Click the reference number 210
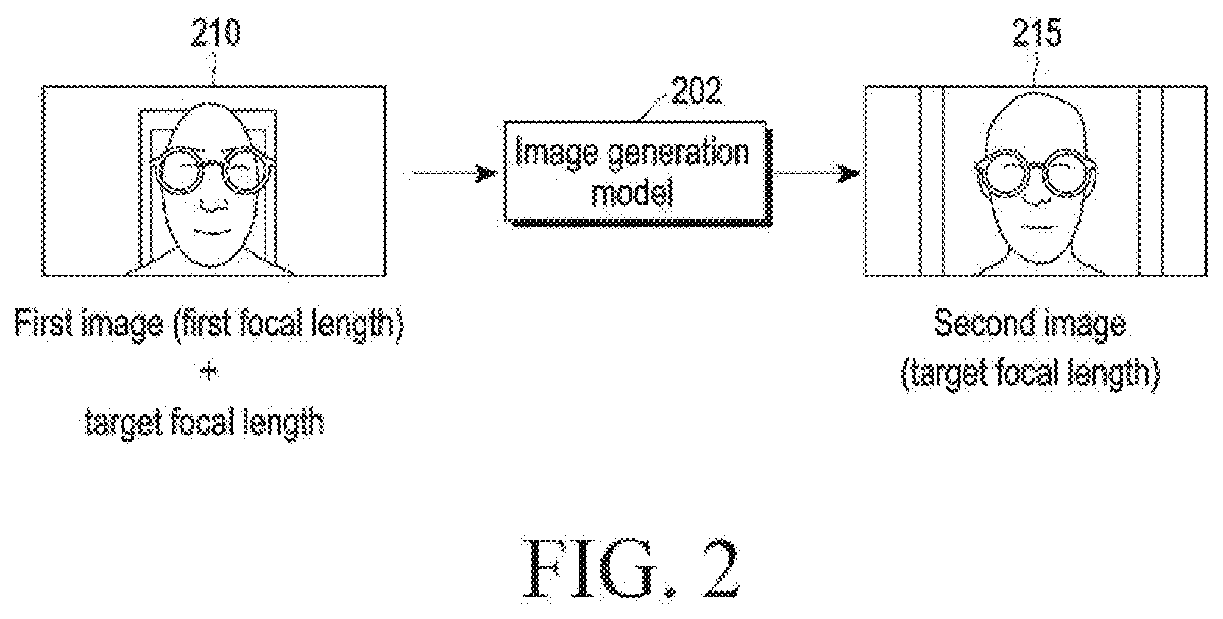coord(215,33)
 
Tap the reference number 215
coord(1037,33)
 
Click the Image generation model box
coord(634,171)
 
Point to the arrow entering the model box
coord(453,174)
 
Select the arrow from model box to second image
coord(816,174)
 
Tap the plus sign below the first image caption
coord(208,372)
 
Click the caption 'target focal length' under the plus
coord(205,423)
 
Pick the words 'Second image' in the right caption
coord(1029,323)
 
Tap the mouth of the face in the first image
coord(209,231)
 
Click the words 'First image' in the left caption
coord(88,324)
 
